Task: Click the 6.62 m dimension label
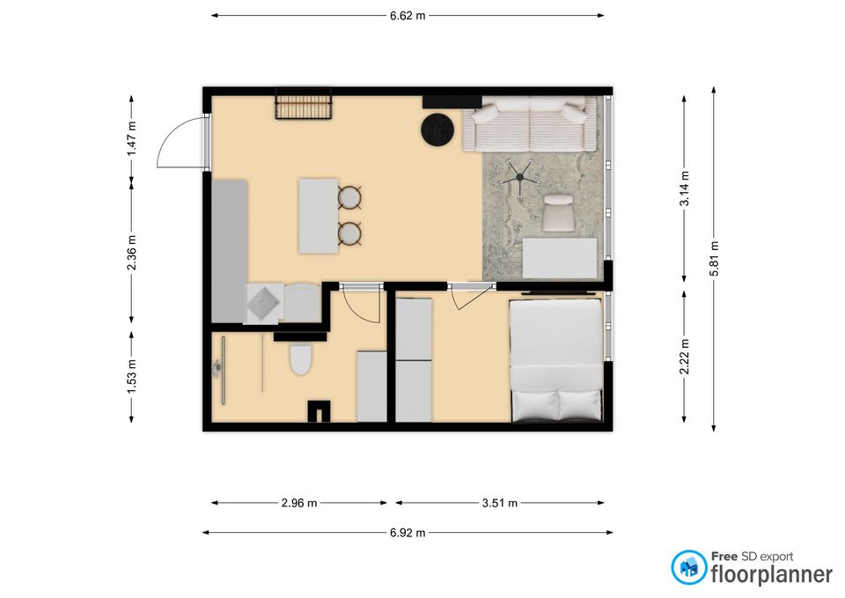click(x=408, y=16)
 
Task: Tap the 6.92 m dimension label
click(x=408, y=533)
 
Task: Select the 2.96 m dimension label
click(x=299, y=503)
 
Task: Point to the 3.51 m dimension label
click(x=500, y=503)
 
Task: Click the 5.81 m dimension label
click(x=714, y=259)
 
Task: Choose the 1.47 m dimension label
click(x=131, y=138)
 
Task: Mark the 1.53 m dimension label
click(x=131, y=376)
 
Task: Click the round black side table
click(x=438, y=129)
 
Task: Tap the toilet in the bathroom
click(x=301, y=358)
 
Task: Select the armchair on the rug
click(x=559, y=213)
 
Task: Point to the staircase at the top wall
click(x=304, y=103)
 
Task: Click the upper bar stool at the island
click(x=349, y=197)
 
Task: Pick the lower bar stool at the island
click(x=349, y=233)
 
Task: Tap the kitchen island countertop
click(x=319, y=217)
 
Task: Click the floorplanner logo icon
click(x=688, y=567)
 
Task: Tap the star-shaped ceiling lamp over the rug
click(x=519, y=177)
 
